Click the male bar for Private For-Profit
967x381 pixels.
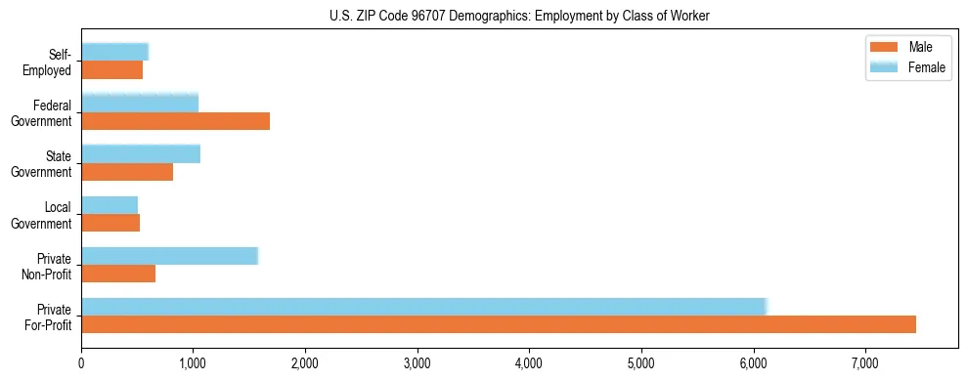click(499, 324)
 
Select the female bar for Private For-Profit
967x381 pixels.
click(424, 307)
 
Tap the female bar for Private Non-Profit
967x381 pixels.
click(169, 256)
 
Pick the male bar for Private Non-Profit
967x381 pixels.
click(118, 274)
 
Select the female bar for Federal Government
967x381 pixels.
click(140, 103)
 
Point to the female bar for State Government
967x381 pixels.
click(141, 153)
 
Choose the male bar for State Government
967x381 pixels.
click(127, 172)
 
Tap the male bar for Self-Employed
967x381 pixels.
click(111, 70)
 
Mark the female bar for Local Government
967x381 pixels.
click(110, 205)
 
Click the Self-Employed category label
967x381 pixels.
click(51, 63)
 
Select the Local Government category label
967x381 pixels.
click(44, 215)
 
